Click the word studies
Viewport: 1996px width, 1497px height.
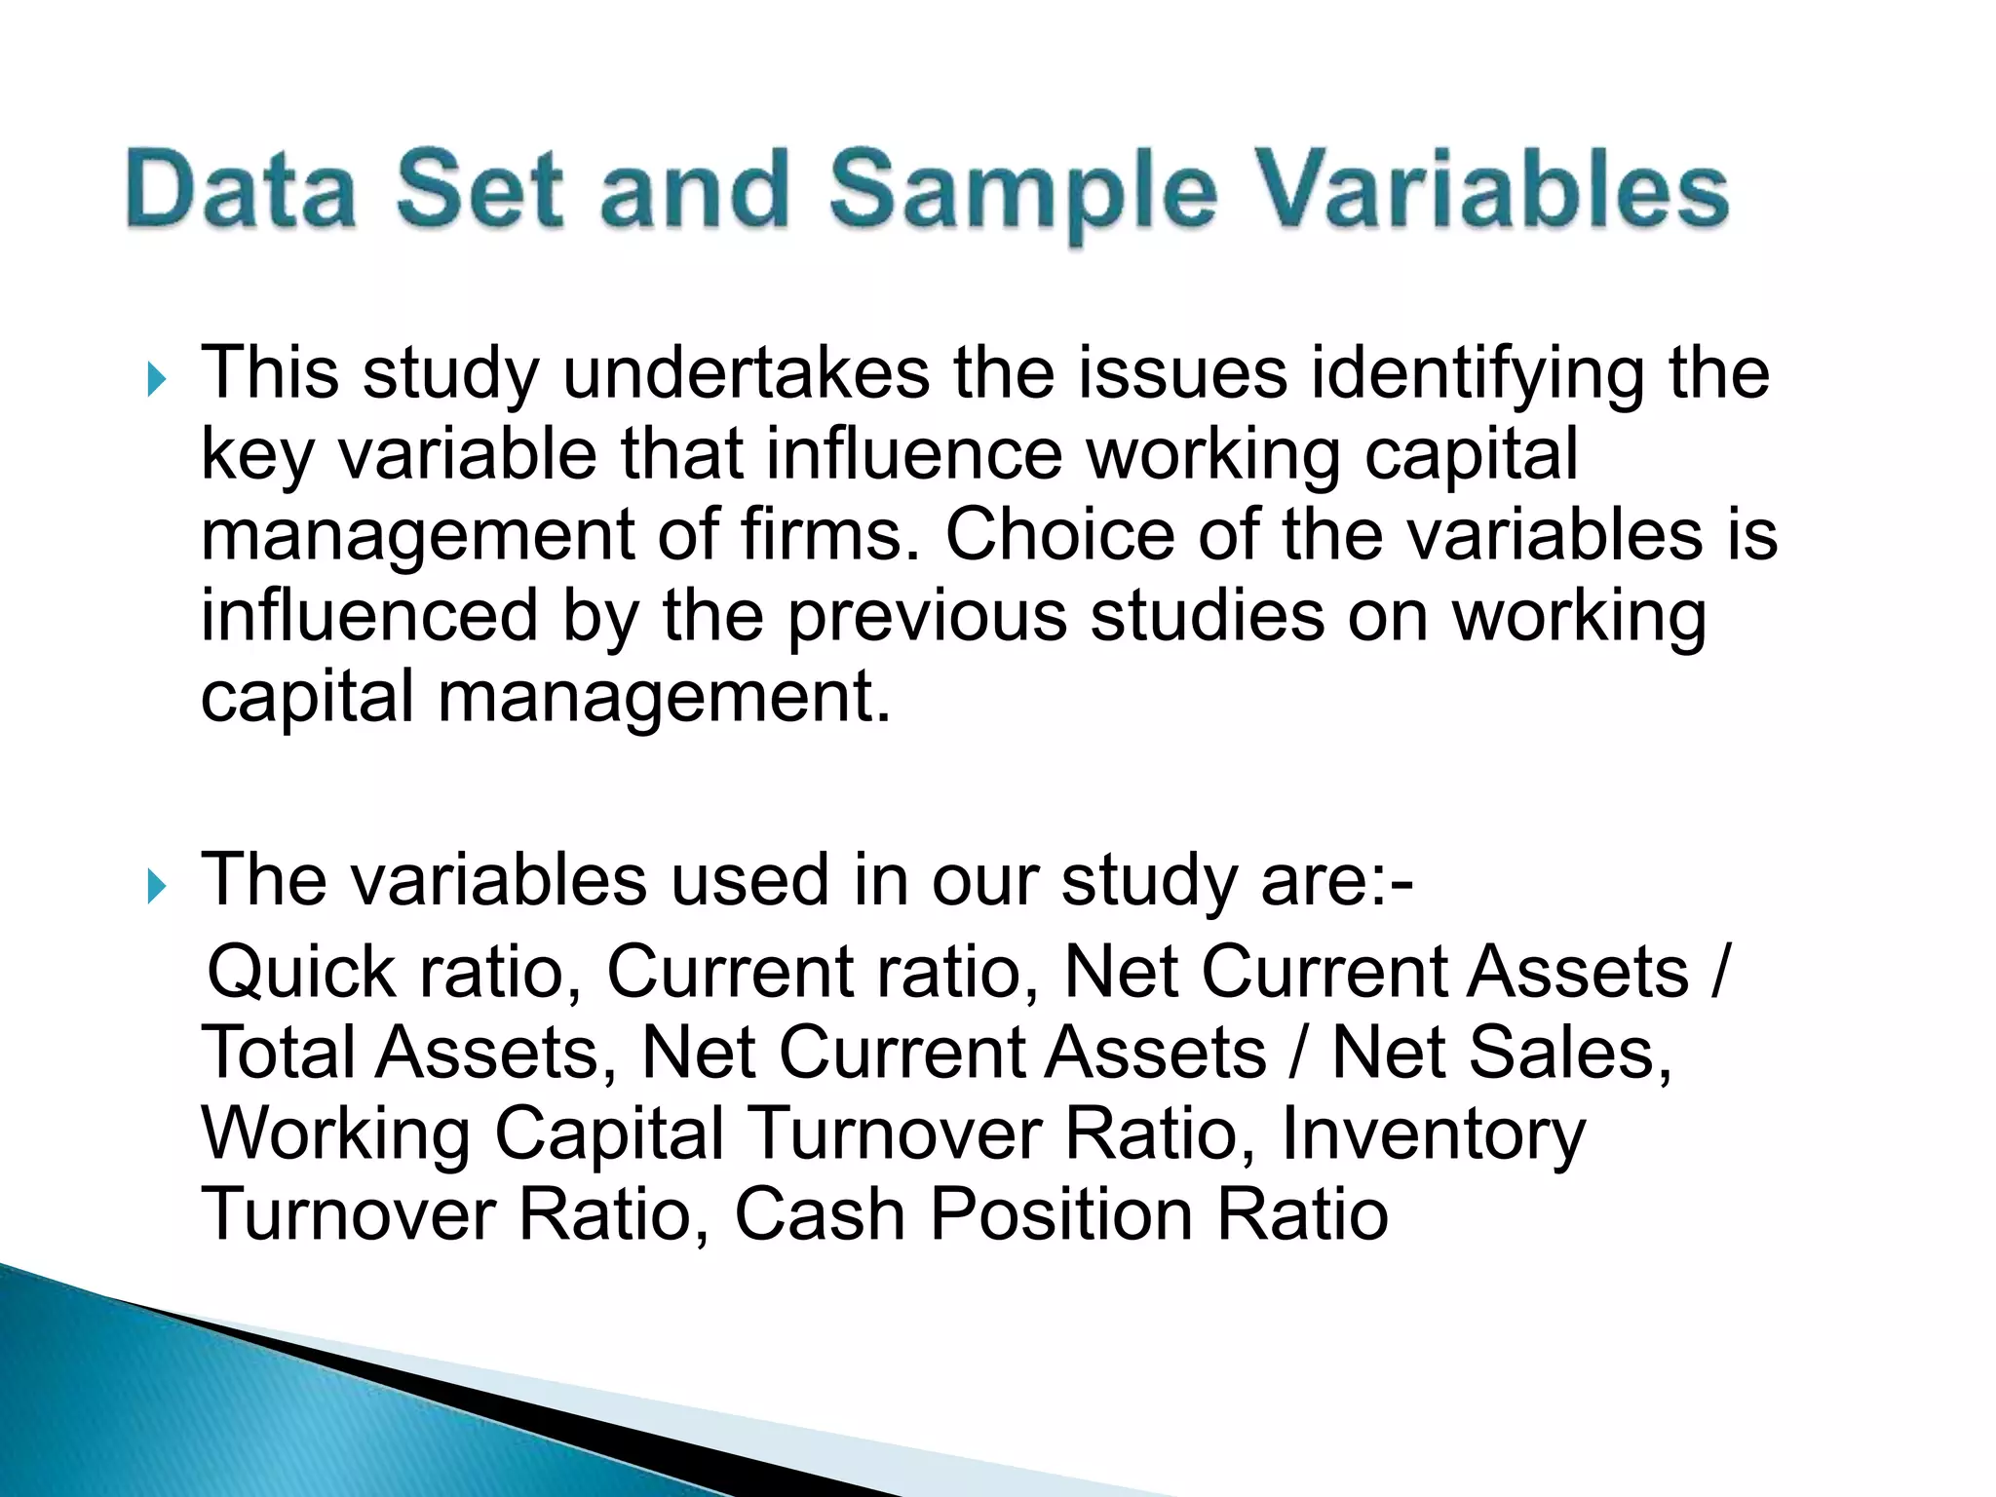tap(1207, 616)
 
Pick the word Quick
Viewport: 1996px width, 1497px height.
tap(302, 973)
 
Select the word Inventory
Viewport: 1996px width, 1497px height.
tap(1433, 1135)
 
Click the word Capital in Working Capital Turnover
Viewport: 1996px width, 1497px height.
tap(609, 1135)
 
